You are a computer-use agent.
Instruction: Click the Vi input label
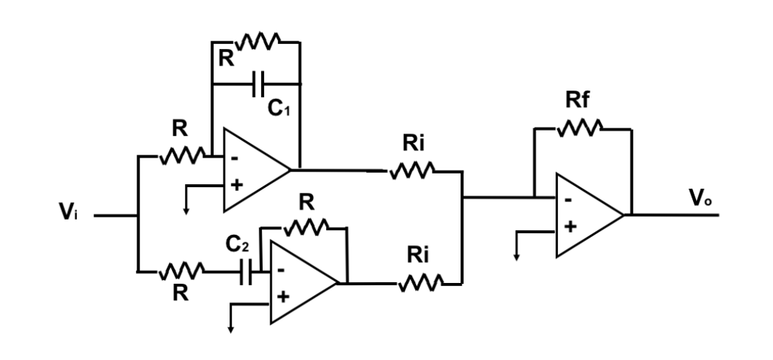tap(70, 214)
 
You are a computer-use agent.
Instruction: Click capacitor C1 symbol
tap(257, 83)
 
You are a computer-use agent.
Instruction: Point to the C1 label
tap(280, 108)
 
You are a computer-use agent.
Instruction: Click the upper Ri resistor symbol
tap(411, 172)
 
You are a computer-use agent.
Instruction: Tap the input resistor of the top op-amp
tap(181, 156)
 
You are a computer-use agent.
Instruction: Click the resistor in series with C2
tap(181, 269)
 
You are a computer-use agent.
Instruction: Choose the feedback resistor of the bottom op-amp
tap(306, 226)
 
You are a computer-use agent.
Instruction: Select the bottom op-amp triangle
tap(299, 283)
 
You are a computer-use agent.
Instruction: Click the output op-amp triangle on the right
tap(585, 215)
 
